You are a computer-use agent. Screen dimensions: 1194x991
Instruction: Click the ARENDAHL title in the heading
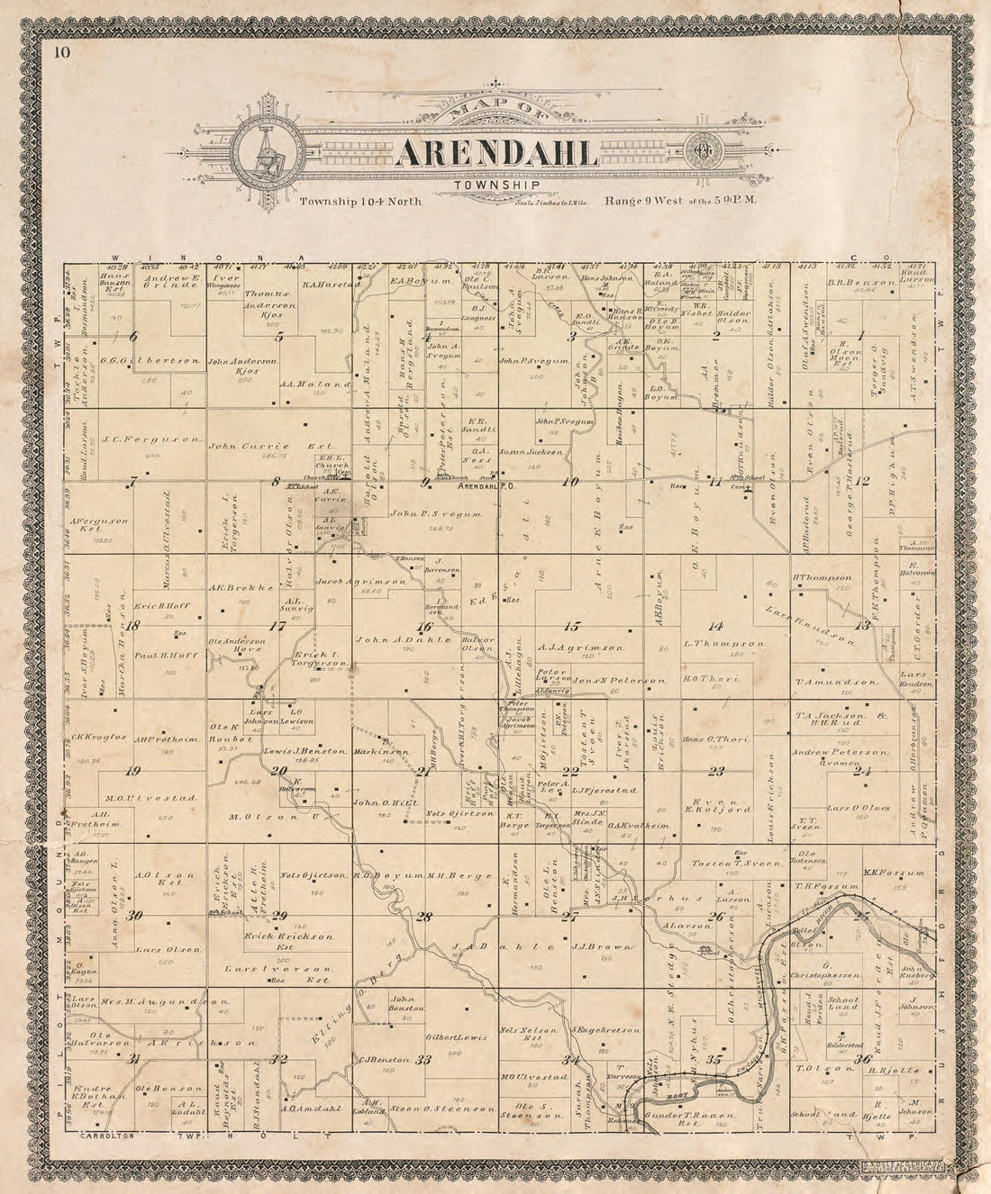coord(495,153)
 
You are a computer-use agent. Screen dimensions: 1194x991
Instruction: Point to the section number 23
coord(717,771)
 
